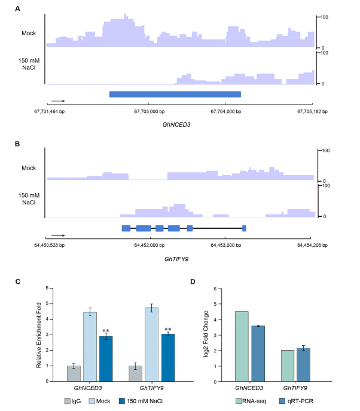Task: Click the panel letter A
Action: click(x=17, y=9)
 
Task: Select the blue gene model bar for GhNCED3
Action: click(x=175, y=94)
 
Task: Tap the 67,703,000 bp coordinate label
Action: click(x=150, y=111)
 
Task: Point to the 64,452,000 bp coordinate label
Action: click(x=150, y=245)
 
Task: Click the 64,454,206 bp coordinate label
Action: click(x=312, y=245)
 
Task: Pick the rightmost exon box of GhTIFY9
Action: click(x=244, y=228)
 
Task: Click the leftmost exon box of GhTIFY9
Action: click(x=126, y=228)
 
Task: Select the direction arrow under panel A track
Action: click(x=58, y=101)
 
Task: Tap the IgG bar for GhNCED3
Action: click(x=74, y=373)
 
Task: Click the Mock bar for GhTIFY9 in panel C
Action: click(x=151, y=345)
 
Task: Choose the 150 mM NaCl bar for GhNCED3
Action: click(x=106, y=359)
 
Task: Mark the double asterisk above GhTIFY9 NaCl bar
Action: click(x=168, y=329)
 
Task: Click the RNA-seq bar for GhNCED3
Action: click(x=242, y=346)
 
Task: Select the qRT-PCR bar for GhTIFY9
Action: click(x=303, y=364)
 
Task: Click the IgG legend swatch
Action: click(x=68, y=401)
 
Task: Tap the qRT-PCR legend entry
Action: click(x=296, y=401)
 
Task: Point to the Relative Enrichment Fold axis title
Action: click(x=38, y=335)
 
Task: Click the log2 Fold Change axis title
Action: click(x=206, y=334)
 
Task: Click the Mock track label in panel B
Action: click(x=29, y=168)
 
